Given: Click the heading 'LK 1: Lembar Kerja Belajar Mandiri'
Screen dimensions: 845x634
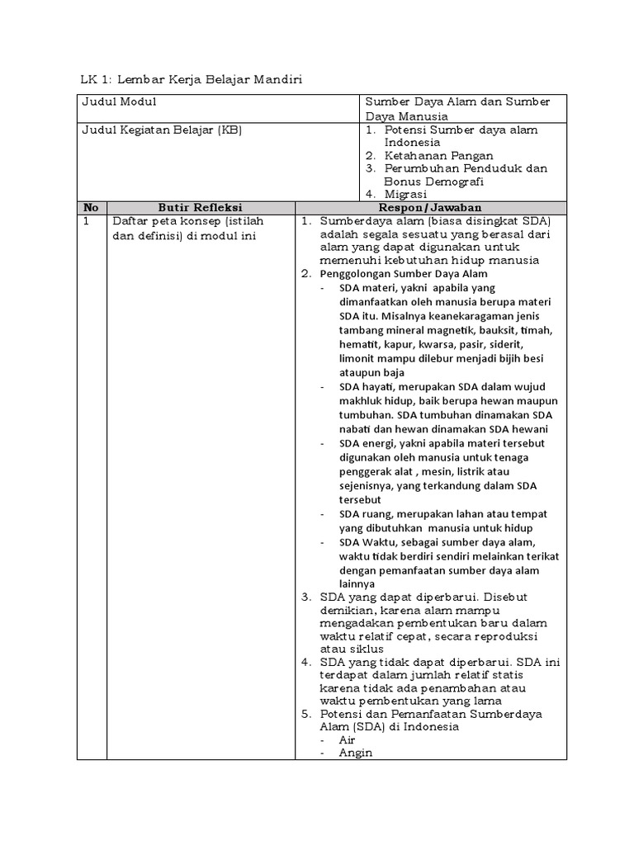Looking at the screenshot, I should coord(192,79).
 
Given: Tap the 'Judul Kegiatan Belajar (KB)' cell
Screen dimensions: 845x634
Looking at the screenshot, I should coord(161,130).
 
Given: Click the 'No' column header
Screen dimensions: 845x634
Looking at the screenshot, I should coord(91,208).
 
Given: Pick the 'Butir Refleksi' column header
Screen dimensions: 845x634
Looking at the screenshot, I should coord(200,208).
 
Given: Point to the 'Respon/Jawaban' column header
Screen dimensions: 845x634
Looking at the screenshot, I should coord(430,208).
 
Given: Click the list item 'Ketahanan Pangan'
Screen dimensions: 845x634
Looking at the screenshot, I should coord(438,155).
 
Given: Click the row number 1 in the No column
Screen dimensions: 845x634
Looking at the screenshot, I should coord(86,222).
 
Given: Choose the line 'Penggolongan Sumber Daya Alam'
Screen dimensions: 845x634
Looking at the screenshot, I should coord(404,274).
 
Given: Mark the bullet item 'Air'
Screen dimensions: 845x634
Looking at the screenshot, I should coord(348,740).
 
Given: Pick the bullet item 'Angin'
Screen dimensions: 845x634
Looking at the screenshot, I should coord(355,753).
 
